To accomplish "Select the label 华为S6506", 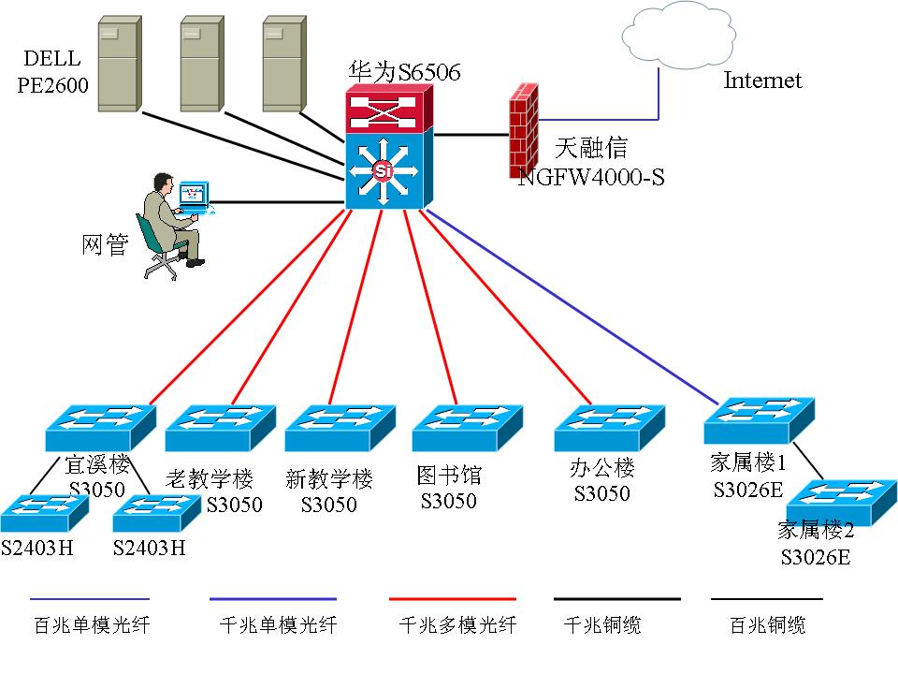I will [405, 72].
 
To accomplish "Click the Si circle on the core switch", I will [383, 170].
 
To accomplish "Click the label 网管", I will [104, 245].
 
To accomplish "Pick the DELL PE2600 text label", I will [52, 74].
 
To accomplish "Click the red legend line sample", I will [451, 598].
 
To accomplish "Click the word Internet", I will [762, 81].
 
